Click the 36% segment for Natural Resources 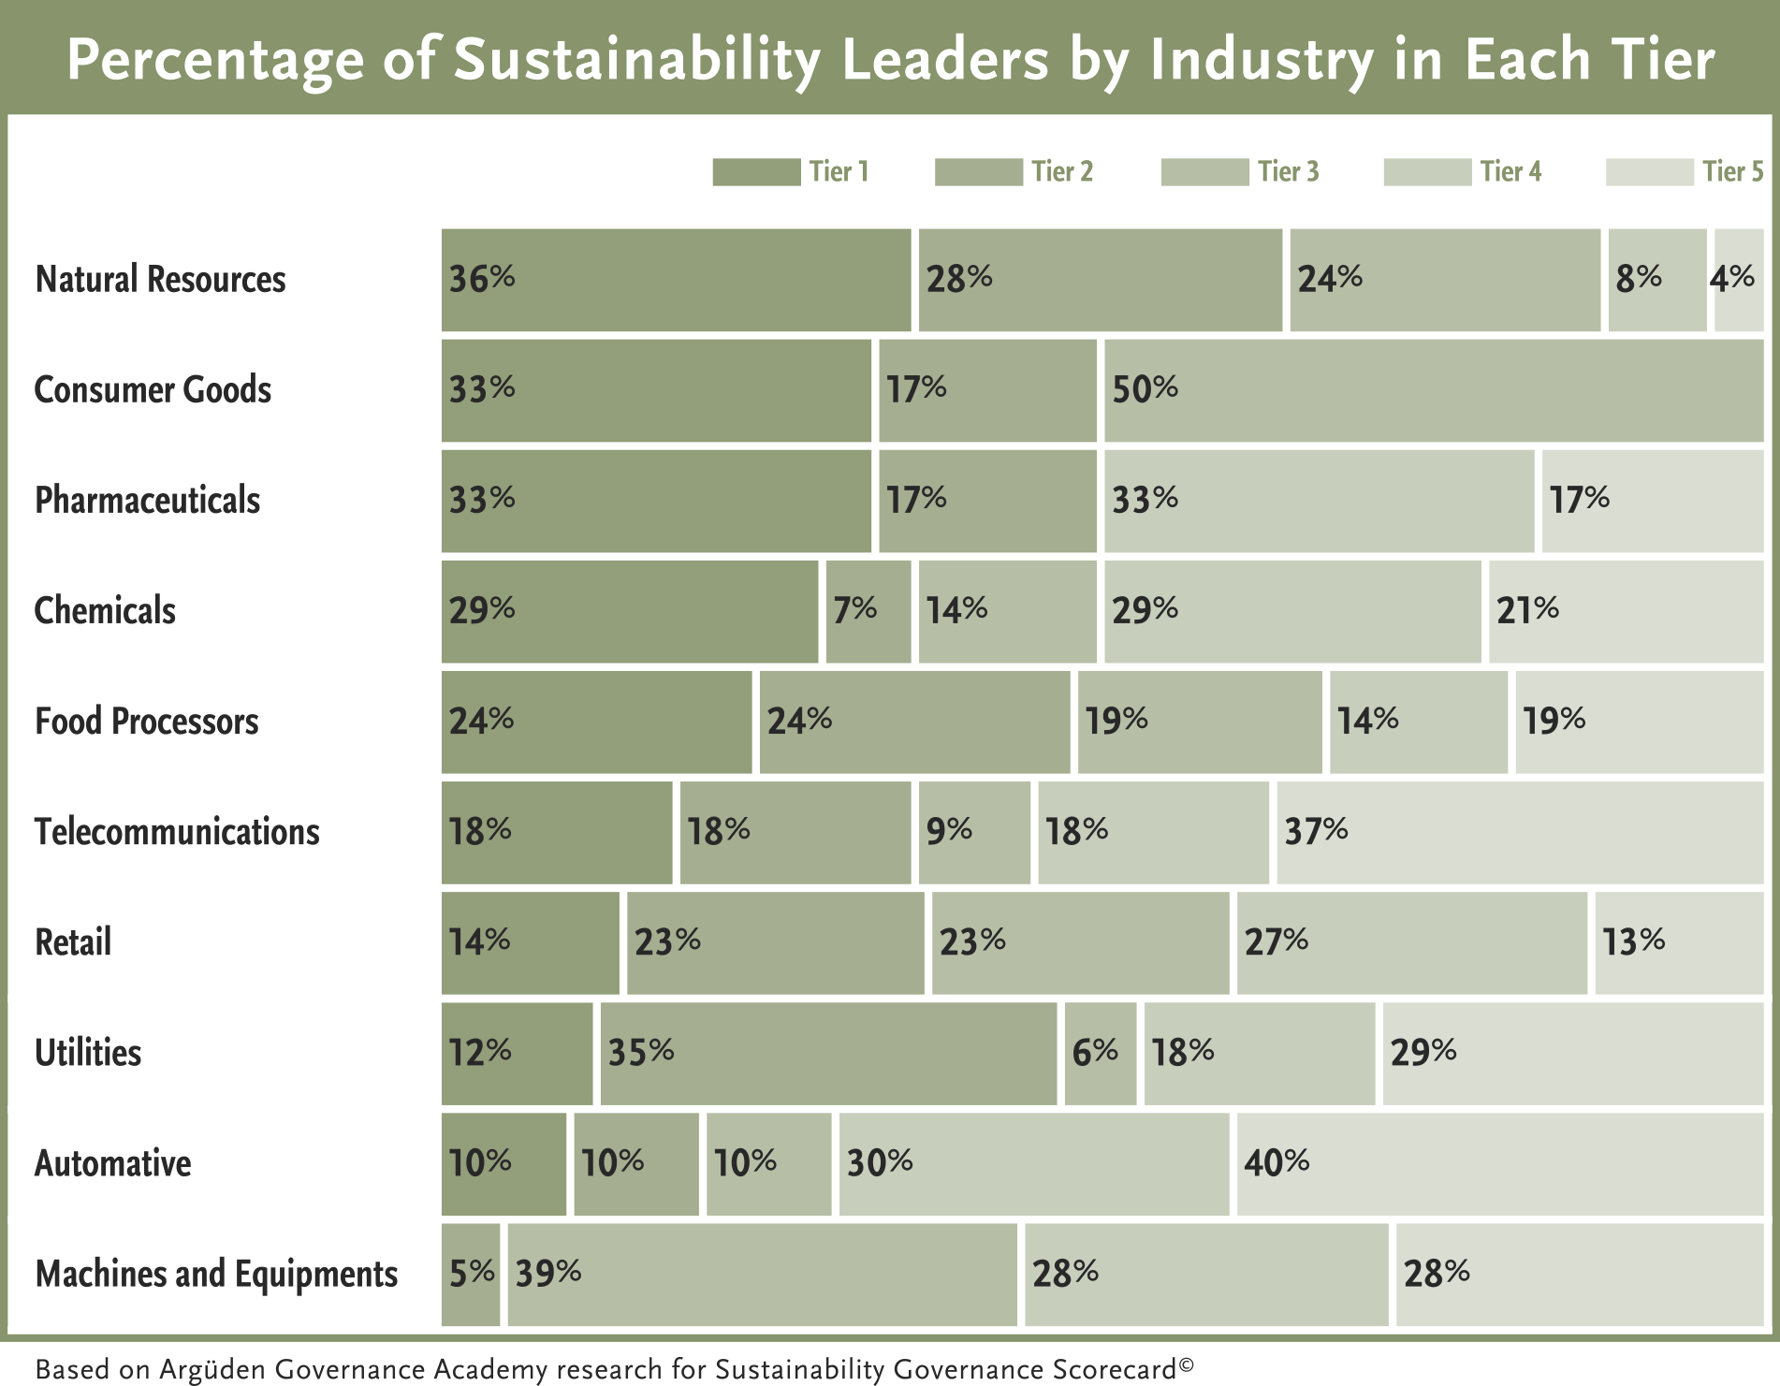pyautogui.click(x=676, y=280)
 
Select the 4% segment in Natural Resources pyautogui.click(x=1739, y=280)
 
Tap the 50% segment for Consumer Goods pyautogui.click(x=1434, y=390)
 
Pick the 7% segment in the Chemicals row pyautogui.click(x=868, y=611)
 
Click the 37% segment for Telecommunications pyautogui.click(x=1521, y=832)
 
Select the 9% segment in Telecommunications pyautogui.click(x=974, y=832)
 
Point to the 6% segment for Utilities pyautogui.click(x=1101, y=1053)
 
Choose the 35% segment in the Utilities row pyautogui.click(x=828, y=1053)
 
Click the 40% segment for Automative pyautogui.click(x=1500, y=1163)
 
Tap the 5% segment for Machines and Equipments pyautogui.click(x=471, y=1274)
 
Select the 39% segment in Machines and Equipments pyautogui.click(x=762, y=1274)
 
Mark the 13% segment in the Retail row pyautogui.click(x=1680, y=942)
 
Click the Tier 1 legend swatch pyautogui.click(x=756, y=172)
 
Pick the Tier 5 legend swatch pyautogui.click(x=1650, y=172)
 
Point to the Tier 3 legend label pyautogui.click(x=1289, y=171)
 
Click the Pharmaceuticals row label pyautogui.click(x=148, y=500)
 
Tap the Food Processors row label pyautogui.click(x=147, y=721)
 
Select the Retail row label pyautogui.click(x=73, y=941)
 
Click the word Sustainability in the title pyautogui.click(x=637, y=61)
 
